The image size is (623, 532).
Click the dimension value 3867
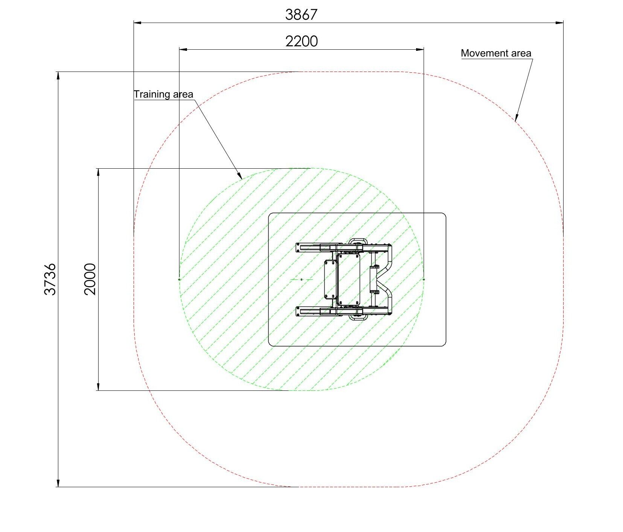click(301, 15)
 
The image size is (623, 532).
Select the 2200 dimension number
click(301, 41)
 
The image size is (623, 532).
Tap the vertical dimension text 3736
click(50, 279)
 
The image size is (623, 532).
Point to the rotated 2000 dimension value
click(90, 279)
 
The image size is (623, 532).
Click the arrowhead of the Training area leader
click(239, 175)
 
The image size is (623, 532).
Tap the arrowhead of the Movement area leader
click(516, 117)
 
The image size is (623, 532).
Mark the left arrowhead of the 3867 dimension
click(138, 23)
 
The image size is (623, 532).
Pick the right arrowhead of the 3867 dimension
click(560, 23)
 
